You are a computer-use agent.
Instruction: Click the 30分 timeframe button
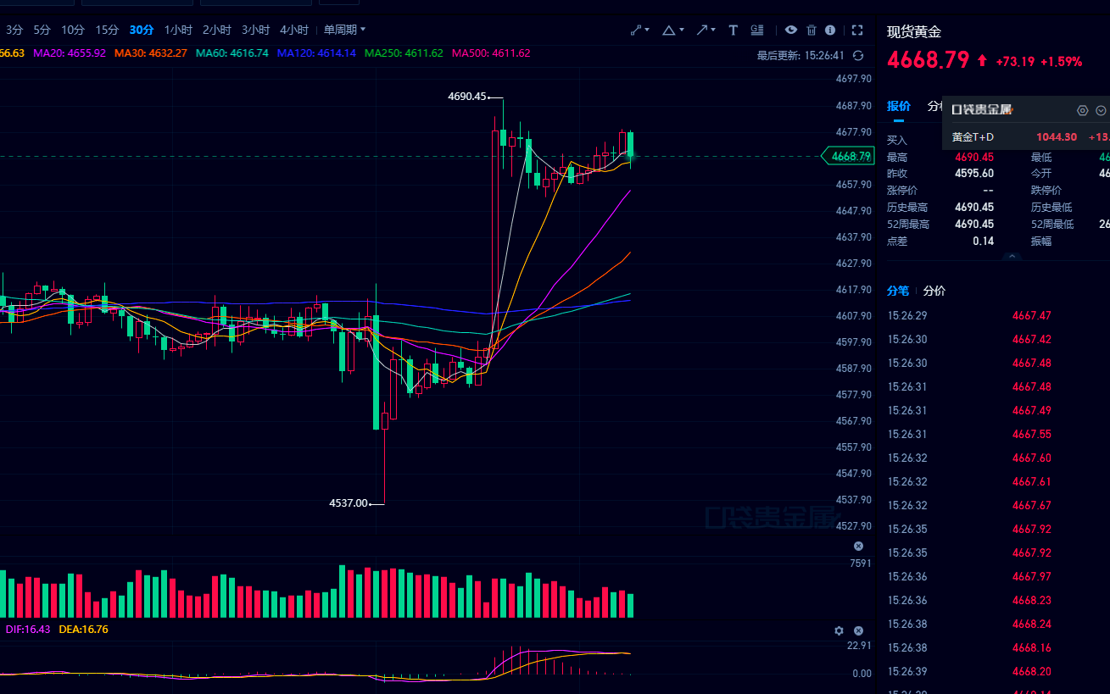[142, 30]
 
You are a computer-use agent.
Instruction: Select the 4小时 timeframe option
[293, 30]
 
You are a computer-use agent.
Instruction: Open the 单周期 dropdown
[344, 30]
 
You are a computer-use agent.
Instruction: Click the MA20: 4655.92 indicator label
[70, 53]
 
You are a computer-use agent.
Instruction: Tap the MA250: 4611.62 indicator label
[404, 53]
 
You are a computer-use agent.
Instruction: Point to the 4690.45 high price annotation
[467, 97]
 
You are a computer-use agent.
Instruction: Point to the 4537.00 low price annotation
[349, 503]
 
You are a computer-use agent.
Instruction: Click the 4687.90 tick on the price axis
[853, 106]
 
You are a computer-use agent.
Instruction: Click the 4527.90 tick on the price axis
[853, 525]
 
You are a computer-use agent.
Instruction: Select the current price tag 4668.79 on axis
[851, 156]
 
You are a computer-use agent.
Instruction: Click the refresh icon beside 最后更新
[858, 56]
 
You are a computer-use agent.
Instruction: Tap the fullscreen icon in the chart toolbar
[857, 30]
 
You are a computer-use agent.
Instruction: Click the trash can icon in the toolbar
[812, 30]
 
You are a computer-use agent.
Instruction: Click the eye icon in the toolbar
[790, 30]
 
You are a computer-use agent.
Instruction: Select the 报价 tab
[898, 106]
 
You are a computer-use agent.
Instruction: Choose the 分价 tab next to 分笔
[934, 291]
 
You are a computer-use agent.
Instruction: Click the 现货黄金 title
[914, 32]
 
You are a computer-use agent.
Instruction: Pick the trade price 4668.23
[1031, 600]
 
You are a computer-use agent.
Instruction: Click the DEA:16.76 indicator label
[83, 630]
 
